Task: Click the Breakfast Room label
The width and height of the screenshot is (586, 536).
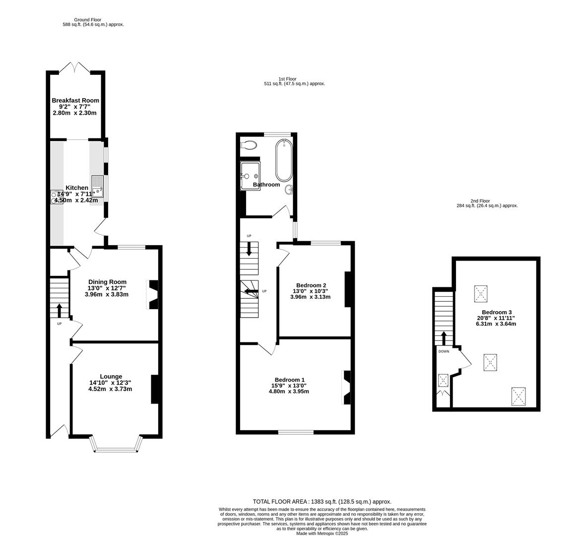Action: (x=75, y=100)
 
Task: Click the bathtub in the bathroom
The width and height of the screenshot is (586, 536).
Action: (x=284, y=160)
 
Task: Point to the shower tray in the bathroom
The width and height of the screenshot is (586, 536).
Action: (x=250, y=176)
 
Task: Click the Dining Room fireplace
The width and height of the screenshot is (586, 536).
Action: (x=153, y=295)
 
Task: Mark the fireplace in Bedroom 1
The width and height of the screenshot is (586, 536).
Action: (x=346, y=387)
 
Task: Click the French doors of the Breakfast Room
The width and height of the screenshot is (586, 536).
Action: (x=75, y=67)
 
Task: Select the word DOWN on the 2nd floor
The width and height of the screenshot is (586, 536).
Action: (x=444, y=351)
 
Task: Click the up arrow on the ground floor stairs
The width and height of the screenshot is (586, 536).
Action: (x=60, y=310)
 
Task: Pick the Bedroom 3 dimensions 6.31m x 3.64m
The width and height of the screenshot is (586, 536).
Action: (x=496, y=324)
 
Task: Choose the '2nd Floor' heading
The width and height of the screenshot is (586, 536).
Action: (x=480, y=201)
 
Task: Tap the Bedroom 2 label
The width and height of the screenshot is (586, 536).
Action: (x=310, y=285)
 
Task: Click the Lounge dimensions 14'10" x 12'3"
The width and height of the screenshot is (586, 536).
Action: (x=110, y=383)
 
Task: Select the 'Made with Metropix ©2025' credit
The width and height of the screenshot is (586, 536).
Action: (x=322, y=534)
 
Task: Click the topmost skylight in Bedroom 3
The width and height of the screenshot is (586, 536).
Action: (x=481, y=294)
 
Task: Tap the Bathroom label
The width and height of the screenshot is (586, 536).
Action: (x=266, y=185)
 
